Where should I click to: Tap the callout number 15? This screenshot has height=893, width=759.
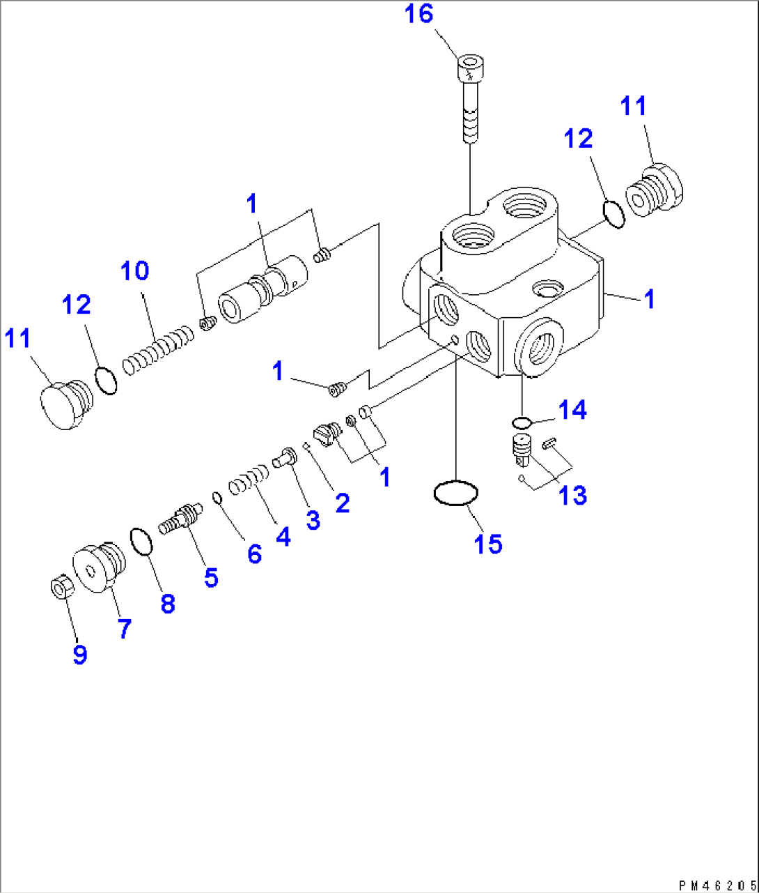(488, 543)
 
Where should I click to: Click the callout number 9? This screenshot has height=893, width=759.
(80, 654)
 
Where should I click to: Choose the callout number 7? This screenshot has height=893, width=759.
(123, 629)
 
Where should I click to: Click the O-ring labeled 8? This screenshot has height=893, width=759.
(141, 542)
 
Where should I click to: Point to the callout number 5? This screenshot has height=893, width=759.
(210, 577)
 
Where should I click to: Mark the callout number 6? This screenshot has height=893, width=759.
(254, 554)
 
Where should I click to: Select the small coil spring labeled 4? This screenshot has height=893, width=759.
(249, 479)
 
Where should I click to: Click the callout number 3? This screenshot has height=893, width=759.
(311, 519)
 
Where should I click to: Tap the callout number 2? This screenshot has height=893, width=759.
(342, 503)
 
